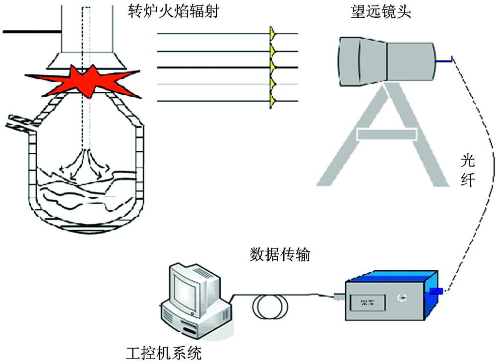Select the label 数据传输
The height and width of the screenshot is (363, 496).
point(279,255)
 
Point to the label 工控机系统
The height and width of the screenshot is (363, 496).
point(164,354)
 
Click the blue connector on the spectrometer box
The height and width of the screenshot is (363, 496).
point(436,291)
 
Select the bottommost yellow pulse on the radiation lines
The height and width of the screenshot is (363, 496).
point(272,102)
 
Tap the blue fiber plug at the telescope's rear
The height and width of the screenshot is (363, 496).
point(443,60)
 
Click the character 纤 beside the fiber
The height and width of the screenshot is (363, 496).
point(468,179)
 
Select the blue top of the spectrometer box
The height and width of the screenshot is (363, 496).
point(392,275)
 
